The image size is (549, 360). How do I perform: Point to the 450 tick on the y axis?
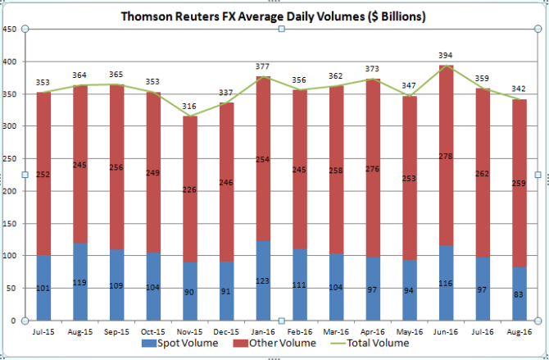click(11, 29)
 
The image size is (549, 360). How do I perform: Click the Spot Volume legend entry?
click(185, 343)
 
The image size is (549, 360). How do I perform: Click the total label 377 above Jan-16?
click(264, 67)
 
